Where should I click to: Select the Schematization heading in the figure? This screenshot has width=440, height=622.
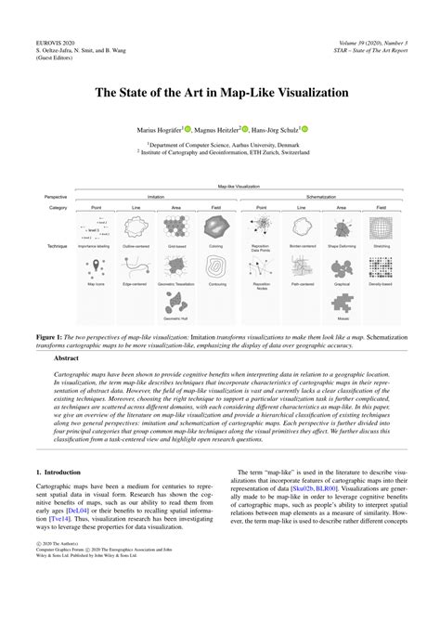click(320, 197)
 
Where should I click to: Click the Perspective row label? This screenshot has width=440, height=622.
click(56, 197)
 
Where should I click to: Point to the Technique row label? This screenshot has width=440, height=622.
click(57, 246)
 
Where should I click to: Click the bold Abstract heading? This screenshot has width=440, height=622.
click(67, 357)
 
